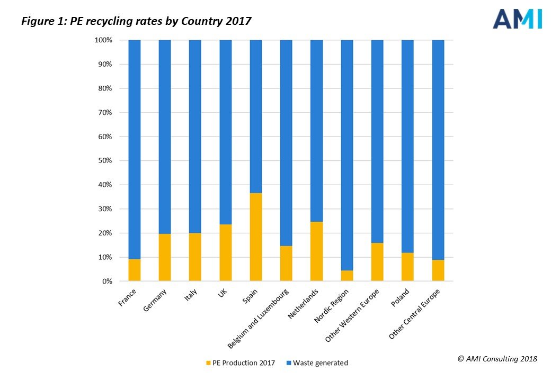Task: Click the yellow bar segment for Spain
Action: click(256, 237)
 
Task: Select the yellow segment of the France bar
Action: click(135, 270)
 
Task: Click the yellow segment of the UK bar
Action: click(226, 253)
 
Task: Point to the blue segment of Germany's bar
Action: click(165, 137)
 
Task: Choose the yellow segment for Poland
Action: click(407, 267)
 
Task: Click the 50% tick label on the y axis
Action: click(104, 161)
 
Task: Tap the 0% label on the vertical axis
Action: click(105, 282)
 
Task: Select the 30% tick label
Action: click(104, 209)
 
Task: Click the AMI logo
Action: click(517, 19)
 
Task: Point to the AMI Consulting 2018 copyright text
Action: click(497, 359)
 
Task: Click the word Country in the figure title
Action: click(206, 22)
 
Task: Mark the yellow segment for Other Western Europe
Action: click(377, 262)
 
